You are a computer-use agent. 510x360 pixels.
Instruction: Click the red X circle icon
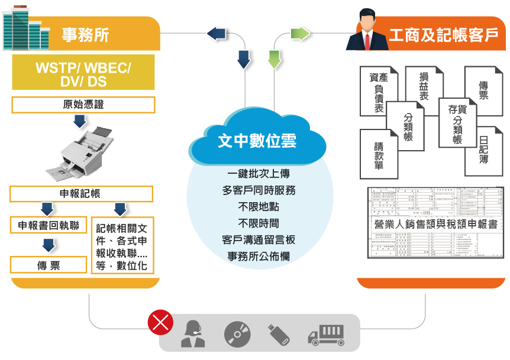[160, 323]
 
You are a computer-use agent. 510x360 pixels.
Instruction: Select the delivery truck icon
[325, 335]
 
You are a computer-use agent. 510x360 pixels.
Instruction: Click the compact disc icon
[237, 334]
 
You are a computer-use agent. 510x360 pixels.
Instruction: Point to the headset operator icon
[193, 334]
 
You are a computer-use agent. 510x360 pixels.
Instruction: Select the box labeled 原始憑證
[83, 105]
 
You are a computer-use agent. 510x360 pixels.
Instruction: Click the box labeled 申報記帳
[81, 193]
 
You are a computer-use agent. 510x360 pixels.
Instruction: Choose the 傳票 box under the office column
[49, 265]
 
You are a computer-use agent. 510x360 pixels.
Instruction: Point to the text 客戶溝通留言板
[257, 240]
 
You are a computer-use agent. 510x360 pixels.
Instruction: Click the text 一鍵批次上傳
[257, 174]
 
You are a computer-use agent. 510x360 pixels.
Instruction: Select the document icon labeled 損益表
[424, 87]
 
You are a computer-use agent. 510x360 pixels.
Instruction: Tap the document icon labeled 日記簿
[483, 151]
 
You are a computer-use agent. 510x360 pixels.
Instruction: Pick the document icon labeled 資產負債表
[378, 93]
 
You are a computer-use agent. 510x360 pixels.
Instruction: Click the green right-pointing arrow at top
[301, 33]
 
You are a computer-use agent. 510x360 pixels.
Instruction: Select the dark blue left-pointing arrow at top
[217, 33]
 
